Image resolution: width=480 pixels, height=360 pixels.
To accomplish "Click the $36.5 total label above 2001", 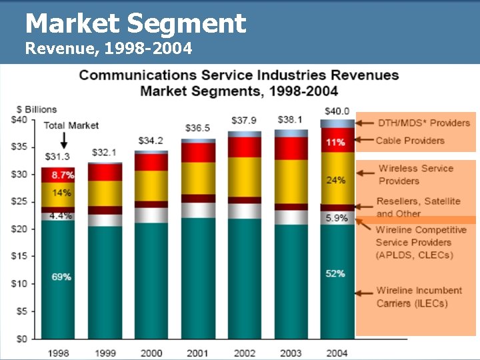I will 198,128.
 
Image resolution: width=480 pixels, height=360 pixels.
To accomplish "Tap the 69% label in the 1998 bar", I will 61,276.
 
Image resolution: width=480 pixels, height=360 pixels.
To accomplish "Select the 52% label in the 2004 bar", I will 336,273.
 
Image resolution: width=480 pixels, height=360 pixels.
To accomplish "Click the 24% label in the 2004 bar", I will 336,179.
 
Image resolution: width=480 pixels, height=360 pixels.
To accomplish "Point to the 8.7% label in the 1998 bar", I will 63,175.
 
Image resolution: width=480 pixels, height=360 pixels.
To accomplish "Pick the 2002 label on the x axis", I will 244,353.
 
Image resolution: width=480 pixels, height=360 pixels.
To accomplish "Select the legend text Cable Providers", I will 409,141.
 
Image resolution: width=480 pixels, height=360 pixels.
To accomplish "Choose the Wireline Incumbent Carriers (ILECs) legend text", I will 419,297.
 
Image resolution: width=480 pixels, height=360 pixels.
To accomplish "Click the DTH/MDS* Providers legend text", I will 423,123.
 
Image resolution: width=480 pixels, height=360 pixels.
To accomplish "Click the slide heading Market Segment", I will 136,24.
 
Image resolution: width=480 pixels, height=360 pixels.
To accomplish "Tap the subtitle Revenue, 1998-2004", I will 109,49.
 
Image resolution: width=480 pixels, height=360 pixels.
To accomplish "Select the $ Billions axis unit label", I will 37,109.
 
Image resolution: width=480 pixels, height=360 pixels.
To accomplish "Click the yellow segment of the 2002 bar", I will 244,177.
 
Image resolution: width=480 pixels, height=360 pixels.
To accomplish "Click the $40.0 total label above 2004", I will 337,111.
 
